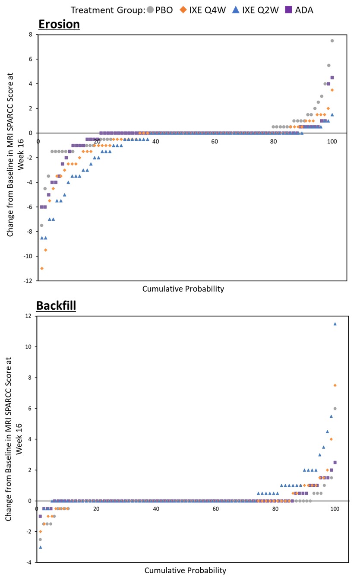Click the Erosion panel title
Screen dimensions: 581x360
pyautogui.click(x=59, y=24)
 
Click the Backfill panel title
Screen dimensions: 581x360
pyautogui.click(x=56, y=305)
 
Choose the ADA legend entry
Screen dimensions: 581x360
pyautogui.click(x=299, y=10)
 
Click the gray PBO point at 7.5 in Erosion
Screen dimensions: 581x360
pyautogui.click(x=332, y=41)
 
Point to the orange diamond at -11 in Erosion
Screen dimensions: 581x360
pyautogui.click(x=42, y=268)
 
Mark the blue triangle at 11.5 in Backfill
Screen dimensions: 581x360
pyautogui.click(x=335, y=324)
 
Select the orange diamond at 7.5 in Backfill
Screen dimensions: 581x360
pyautogui.click(x=335, y=385)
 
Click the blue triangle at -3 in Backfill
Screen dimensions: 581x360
pyautogui.click(x=41, y=547)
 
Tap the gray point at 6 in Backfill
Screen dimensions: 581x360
pyautogui.click(x=335, y=408)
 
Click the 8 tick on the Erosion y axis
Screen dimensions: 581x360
pyautogui.click(x=32, y=34)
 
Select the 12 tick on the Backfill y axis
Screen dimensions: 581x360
pyautogui.click(x=29, y=316)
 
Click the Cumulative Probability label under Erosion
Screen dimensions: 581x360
pyautogui.click(x=183, y=289)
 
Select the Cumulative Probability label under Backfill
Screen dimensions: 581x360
pyautogui.click(x=185, y=571)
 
